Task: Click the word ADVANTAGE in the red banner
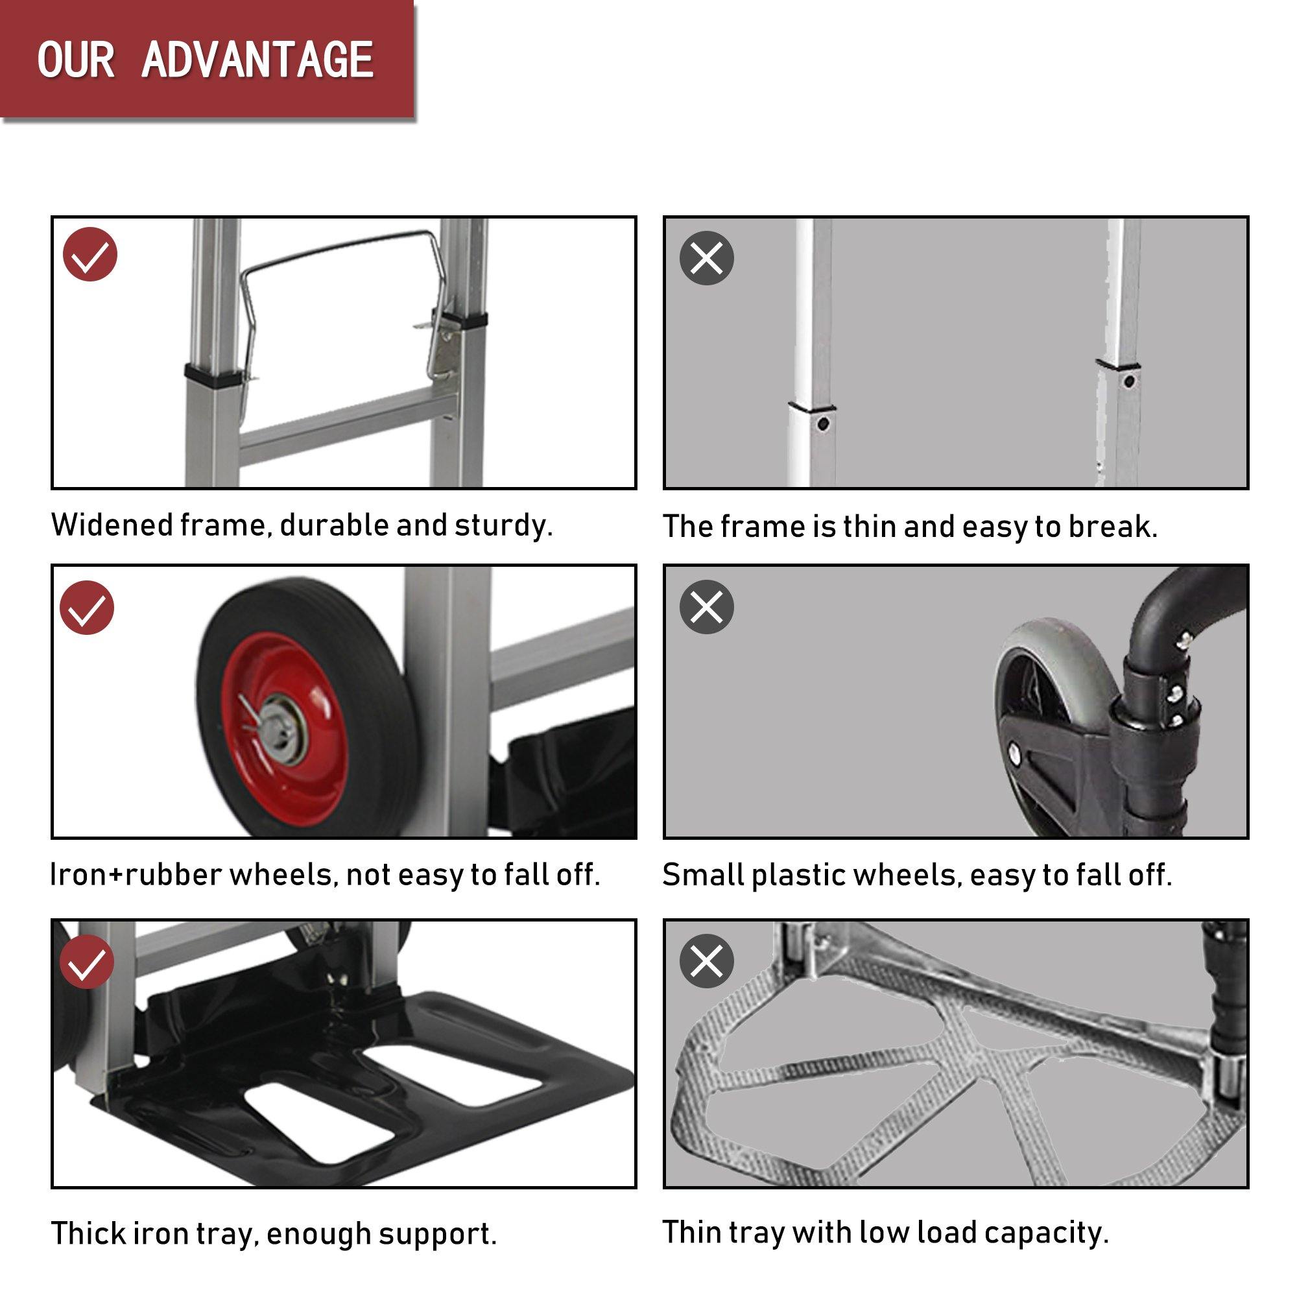257,60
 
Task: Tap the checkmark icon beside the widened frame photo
90,254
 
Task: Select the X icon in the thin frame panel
706,258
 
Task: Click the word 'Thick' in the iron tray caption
87,1233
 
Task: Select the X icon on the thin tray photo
706,960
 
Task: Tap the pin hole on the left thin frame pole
824,424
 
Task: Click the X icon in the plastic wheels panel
706,608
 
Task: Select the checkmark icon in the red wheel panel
87,608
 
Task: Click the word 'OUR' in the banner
76,60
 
